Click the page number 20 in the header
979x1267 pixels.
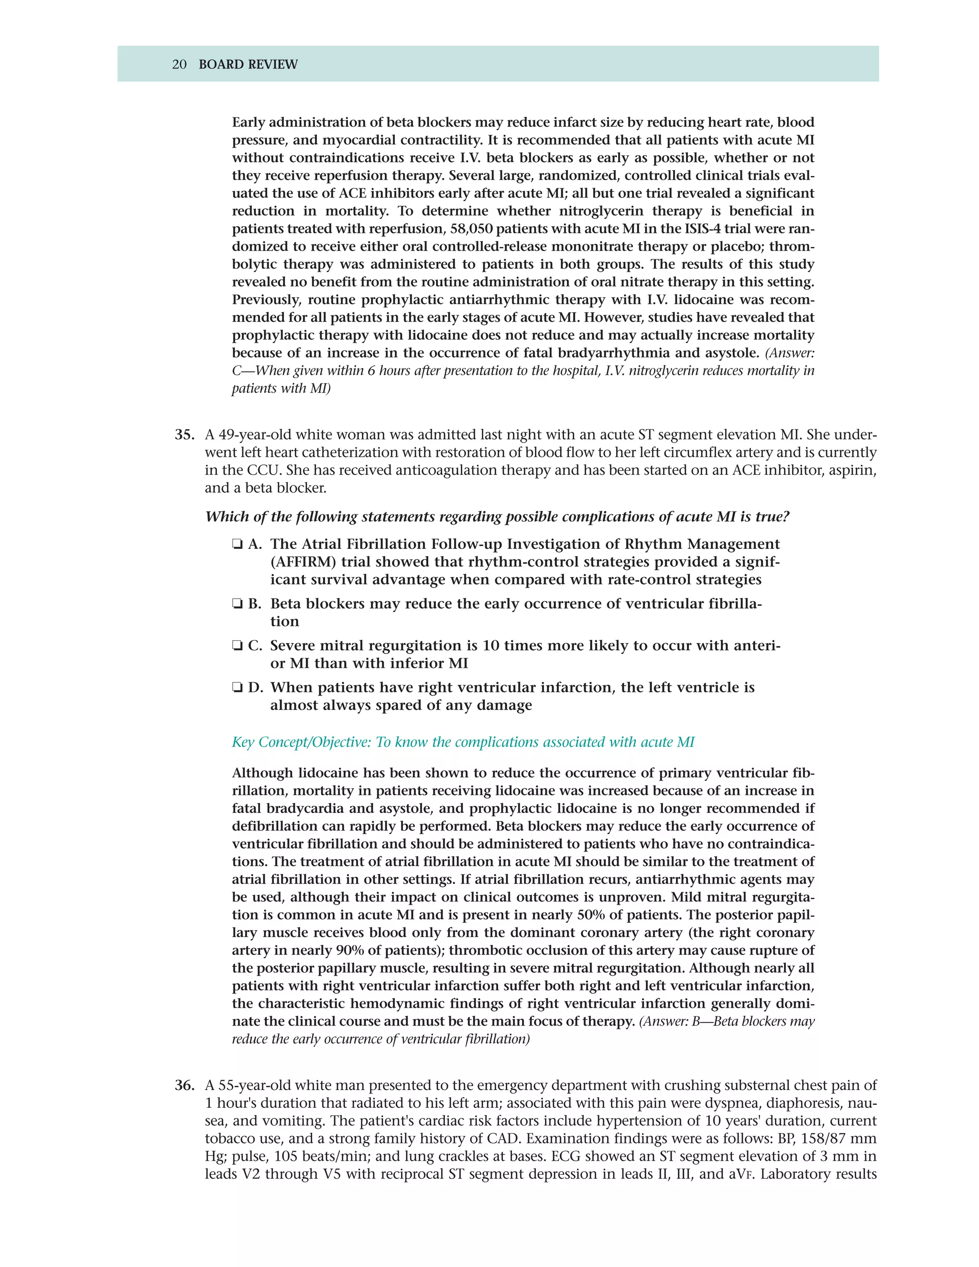tap(179, 65)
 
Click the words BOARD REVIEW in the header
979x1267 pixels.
tap(248, 65)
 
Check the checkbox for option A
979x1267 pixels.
tap(237, 544)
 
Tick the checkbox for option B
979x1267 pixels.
tap(237, 604)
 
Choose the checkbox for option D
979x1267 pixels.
tap(237, 688)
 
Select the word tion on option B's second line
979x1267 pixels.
tap(284, 622)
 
